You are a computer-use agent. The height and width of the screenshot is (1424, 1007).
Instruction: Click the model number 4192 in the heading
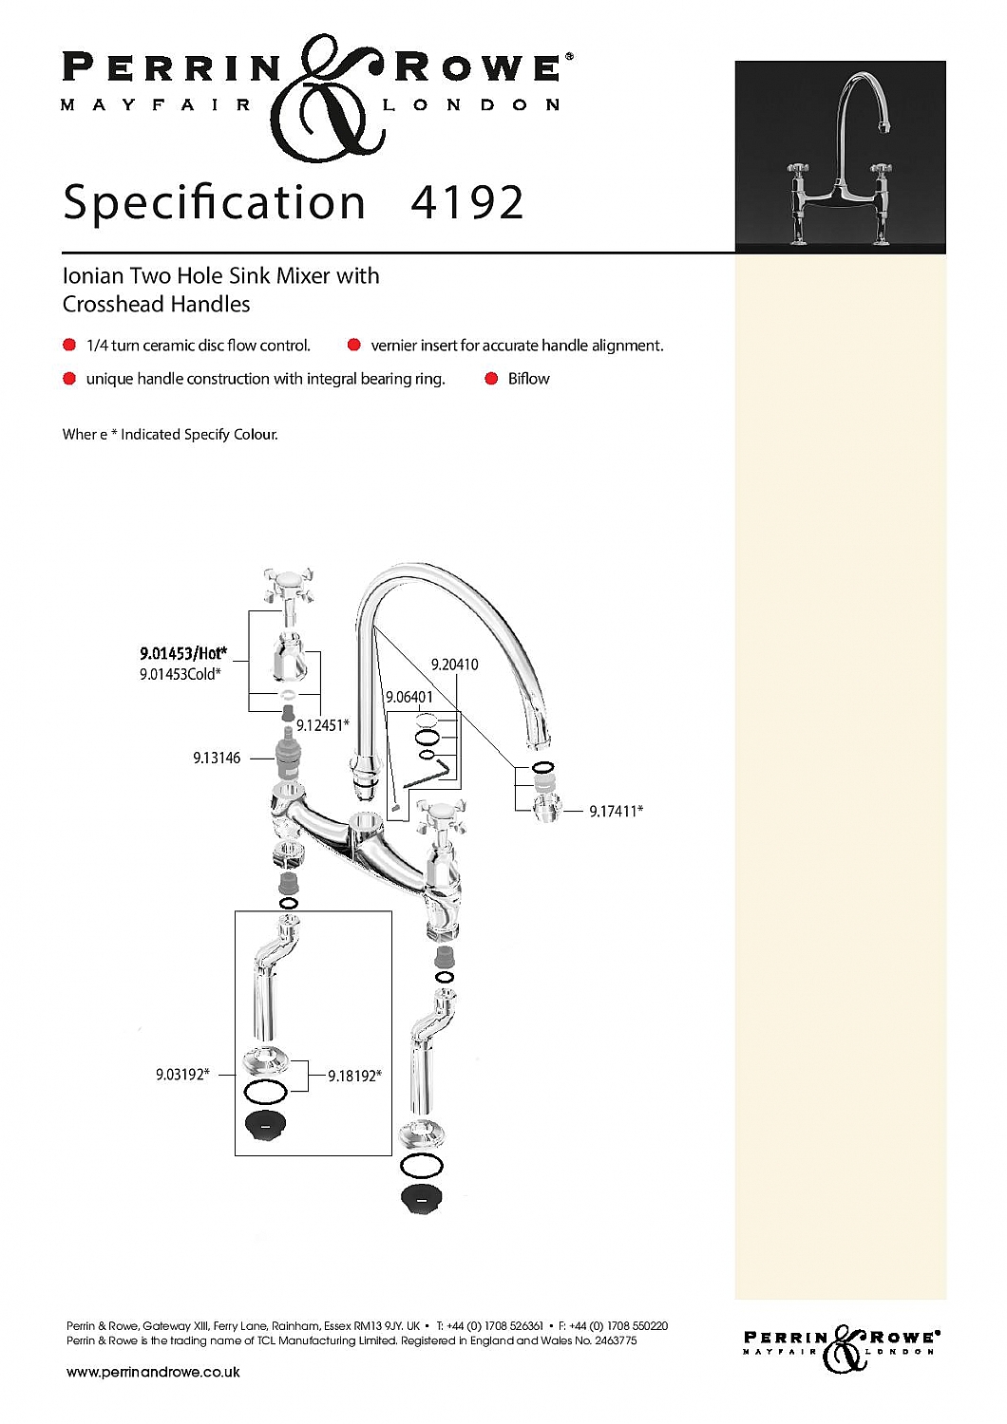(466, 203)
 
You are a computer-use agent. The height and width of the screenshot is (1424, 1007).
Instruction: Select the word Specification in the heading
(215, 203)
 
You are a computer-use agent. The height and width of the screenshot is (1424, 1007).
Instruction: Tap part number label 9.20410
(454, 665)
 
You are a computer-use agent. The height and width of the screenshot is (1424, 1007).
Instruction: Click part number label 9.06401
(409, 697)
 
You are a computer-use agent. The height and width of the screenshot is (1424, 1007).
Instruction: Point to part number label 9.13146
(217, 758)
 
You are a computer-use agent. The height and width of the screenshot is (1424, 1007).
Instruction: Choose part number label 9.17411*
(616, 811)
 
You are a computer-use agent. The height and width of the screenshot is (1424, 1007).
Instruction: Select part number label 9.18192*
(354, 1076)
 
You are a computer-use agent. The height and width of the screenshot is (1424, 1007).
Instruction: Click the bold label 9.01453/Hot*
(183, 653)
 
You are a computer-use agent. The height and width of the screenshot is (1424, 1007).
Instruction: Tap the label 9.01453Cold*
(180, 674)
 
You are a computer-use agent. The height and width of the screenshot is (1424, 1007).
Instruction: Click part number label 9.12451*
(322, 725)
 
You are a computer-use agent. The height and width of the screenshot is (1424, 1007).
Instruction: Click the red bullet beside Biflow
(491, 379)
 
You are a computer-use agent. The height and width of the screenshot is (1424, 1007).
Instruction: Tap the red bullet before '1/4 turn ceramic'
(69, 345)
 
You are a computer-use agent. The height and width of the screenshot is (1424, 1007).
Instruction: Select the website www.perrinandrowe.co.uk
(153, 1372)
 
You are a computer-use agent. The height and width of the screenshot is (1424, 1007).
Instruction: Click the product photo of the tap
(840, 157)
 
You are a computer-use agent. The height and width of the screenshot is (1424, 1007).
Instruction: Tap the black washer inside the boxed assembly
(265, 1125)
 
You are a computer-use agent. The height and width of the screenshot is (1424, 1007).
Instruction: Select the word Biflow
(528, 379)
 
